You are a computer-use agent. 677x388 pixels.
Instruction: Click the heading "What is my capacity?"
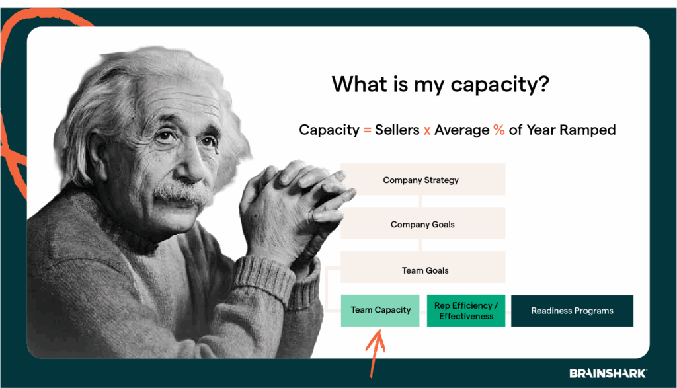(440, 85)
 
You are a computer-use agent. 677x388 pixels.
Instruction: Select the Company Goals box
(422, 224)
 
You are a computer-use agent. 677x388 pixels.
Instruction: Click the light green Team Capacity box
(380, 310)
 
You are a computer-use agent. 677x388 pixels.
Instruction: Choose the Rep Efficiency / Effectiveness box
(466, 311)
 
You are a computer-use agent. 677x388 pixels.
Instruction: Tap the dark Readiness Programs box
(572, 311)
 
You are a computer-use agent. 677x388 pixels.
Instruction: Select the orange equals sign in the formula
(367, 130)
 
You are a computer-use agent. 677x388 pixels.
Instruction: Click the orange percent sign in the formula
(498, 130)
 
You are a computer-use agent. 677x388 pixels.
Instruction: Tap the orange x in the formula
(427, 130)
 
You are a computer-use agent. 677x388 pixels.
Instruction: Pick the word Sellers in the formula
(397, 130)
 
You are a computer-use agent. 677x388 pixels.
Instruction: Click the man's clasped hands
(291, 198)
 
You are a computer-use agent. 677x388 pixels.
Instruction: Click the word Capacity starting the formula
(329, 130)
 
